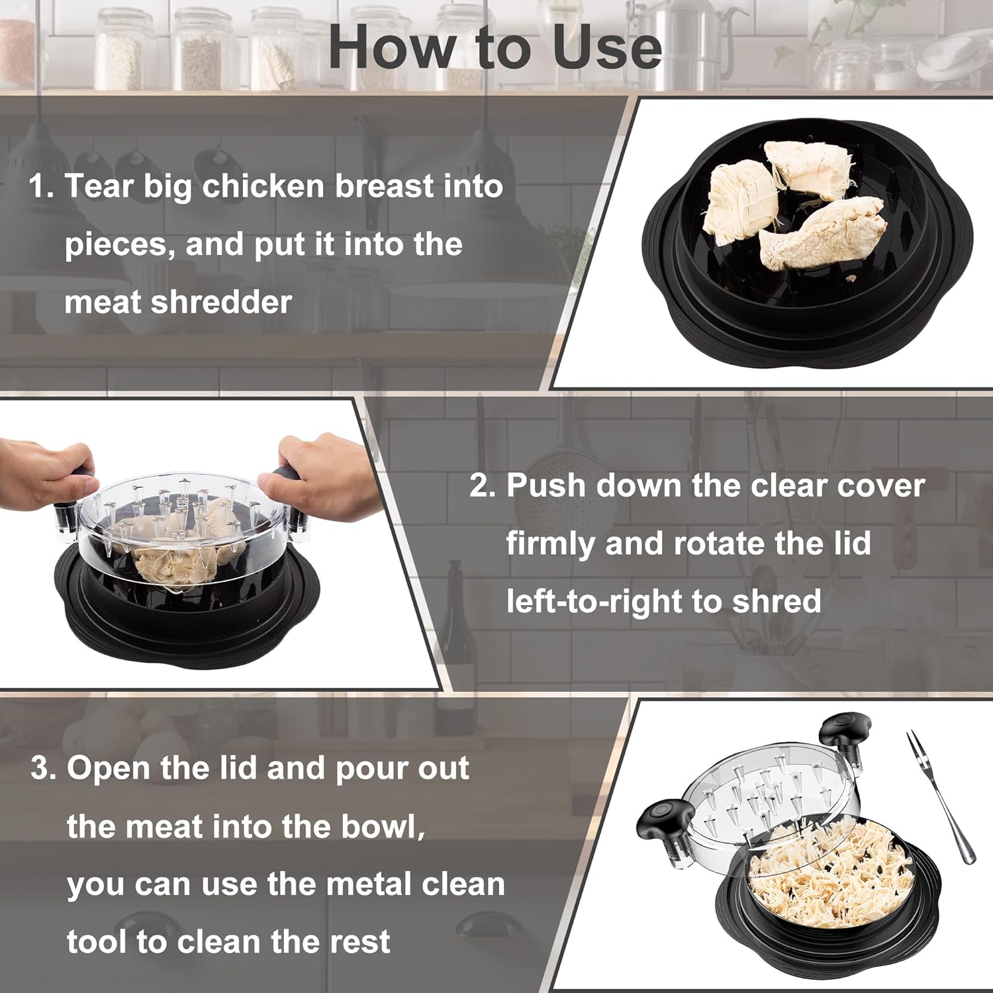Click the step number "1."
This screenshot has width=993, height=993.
click(41, 186)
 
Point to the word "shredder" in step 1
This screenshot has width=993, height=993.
click(221, 303)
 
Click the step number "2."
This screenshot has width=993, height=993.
click(483, 485)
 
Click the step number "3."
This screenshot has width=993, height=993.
click(44, 769)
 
